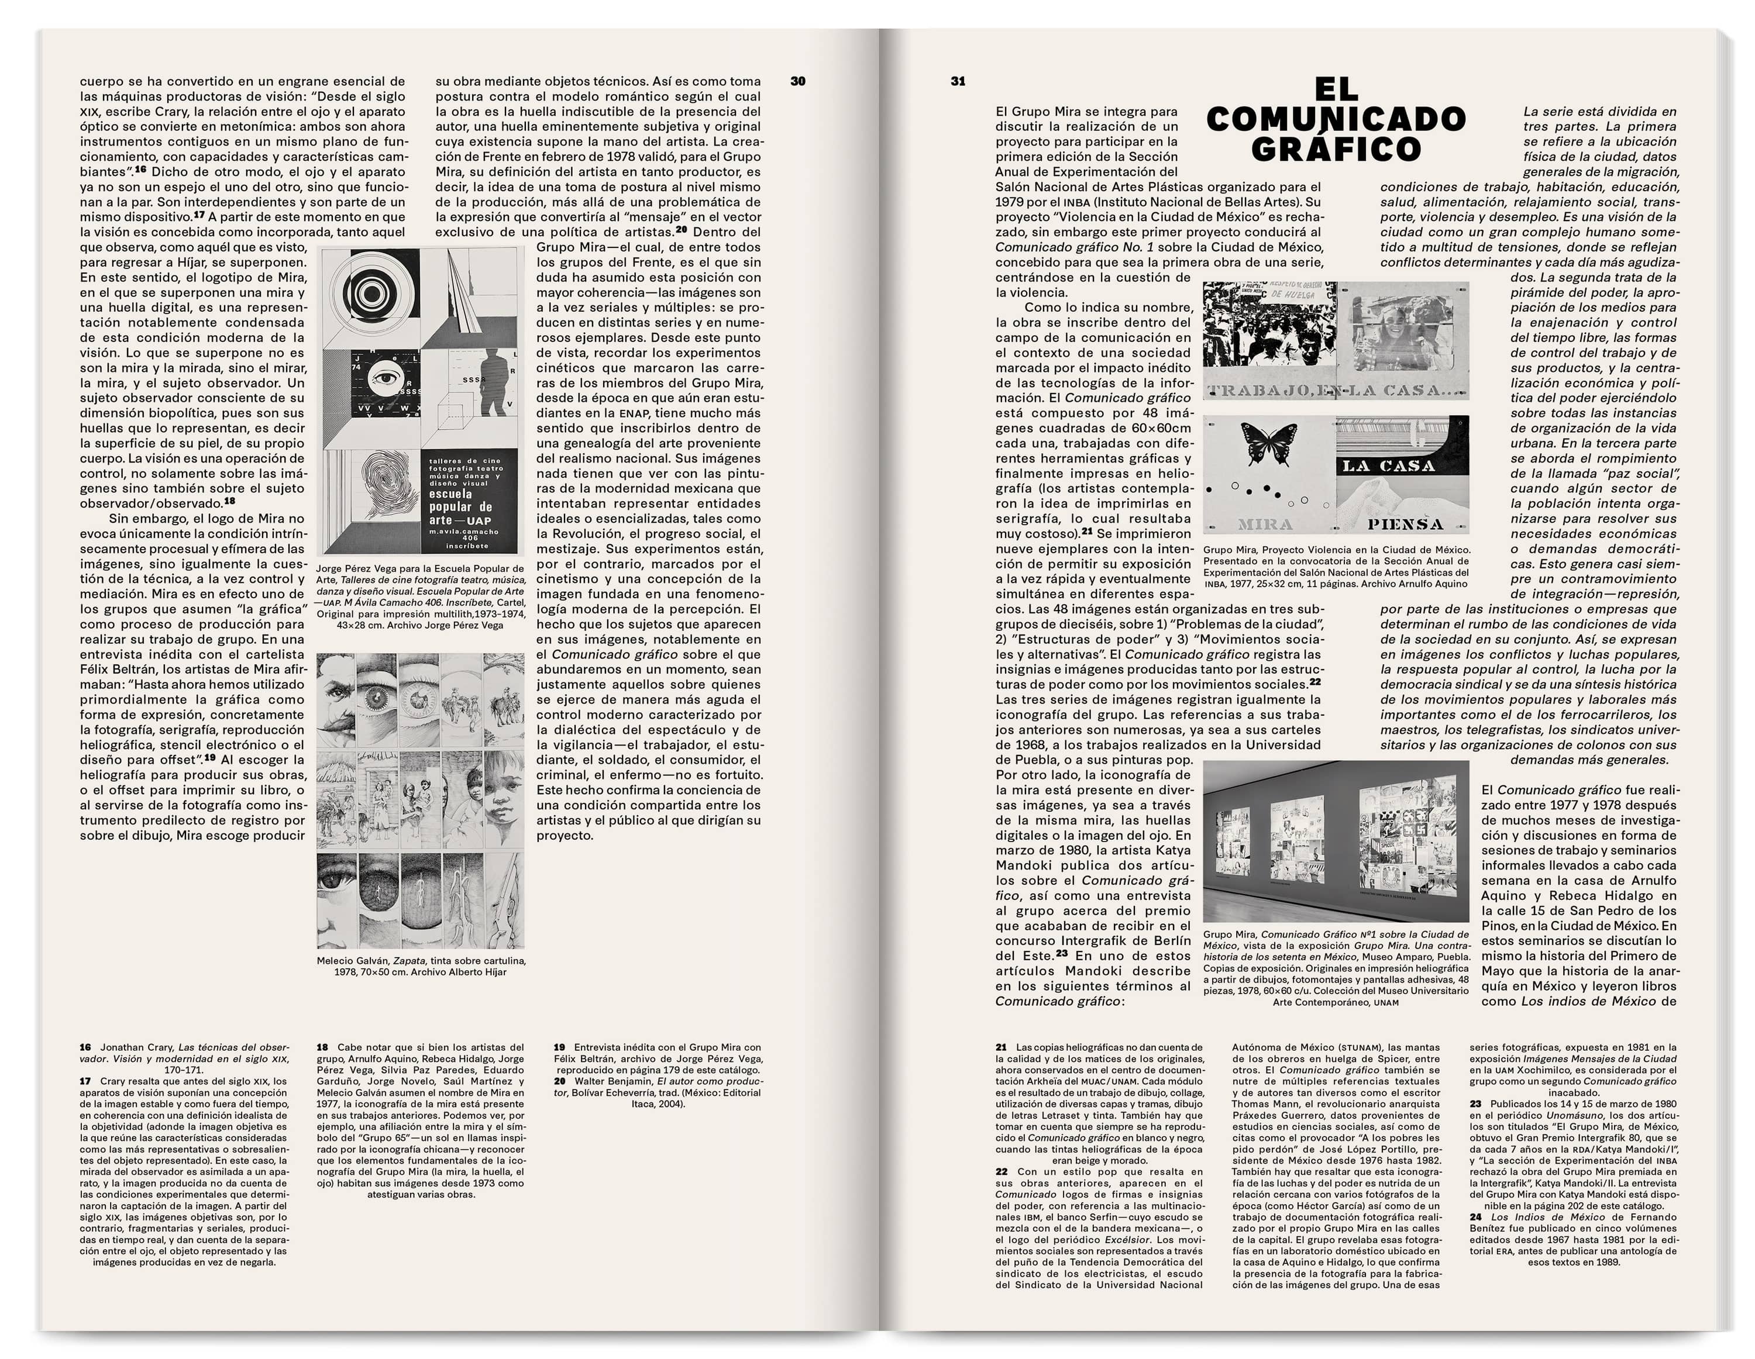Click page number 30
(797, 81)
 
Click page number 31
(958, 81)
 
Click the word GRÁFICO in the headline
(1336, 149)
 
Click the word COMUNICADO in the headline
(1336, 119)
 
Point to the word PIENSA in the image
(1405, 525)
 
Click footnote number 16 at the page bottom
(85, 1047)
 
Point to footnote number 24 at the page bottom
(1475, 1217)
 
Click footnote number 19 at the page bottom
(559, 1047)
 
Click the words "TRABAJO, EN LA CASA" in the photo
(1335, 391)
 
